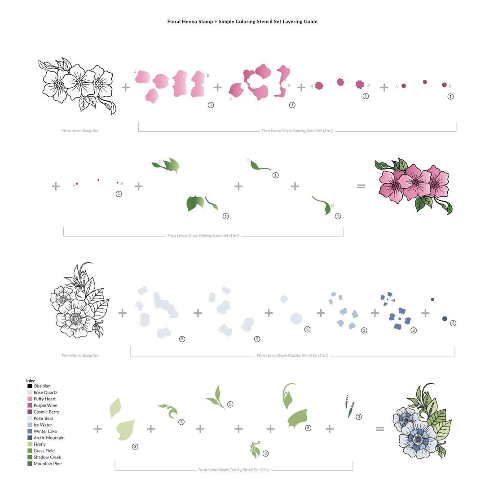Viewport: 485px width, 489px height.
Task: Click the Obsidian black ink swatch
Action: pos(30,386)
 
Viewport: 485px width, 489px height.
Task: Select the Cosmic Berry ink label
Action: pos(46,412)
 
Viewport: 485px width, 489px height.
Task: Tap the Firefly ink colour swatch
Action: pos(30,445)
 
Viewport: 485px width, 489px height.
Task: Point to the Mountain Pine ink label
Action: pos(48,464)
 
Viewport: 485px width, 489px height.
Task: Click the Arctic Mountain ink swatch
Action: pos(30,438)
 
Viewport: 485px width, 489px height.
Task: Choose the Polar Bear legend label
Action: pos(44,418)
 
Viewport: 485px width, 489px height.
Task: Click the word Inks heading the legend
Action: pos(31,381)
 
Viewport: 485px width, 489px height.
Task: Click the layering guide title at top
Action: pos(242,22)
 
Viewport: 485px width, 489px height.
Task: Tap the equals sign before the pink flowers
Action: pos(361,186)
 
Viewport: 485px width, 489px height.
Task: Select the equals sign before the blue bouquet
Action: pos(380,429)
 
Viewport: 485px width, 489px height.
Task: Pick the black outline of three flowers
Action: pos(77,85)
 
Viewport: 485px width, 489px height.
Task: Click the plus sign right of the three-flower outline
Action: pos(126,87)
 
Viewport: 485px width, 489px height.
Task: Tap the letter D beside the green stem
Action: pos(332,205)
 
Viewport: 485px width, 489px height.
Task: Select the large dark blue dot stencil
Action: pos(445,318)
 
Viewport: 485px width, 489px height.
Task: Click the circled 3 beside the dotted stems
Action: pos(359,417)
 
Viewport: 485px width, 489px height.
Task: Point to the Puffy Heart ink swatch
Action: pos(30,399)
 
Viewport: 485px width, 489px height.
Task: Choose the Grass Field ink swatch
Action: pos(30,451)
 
